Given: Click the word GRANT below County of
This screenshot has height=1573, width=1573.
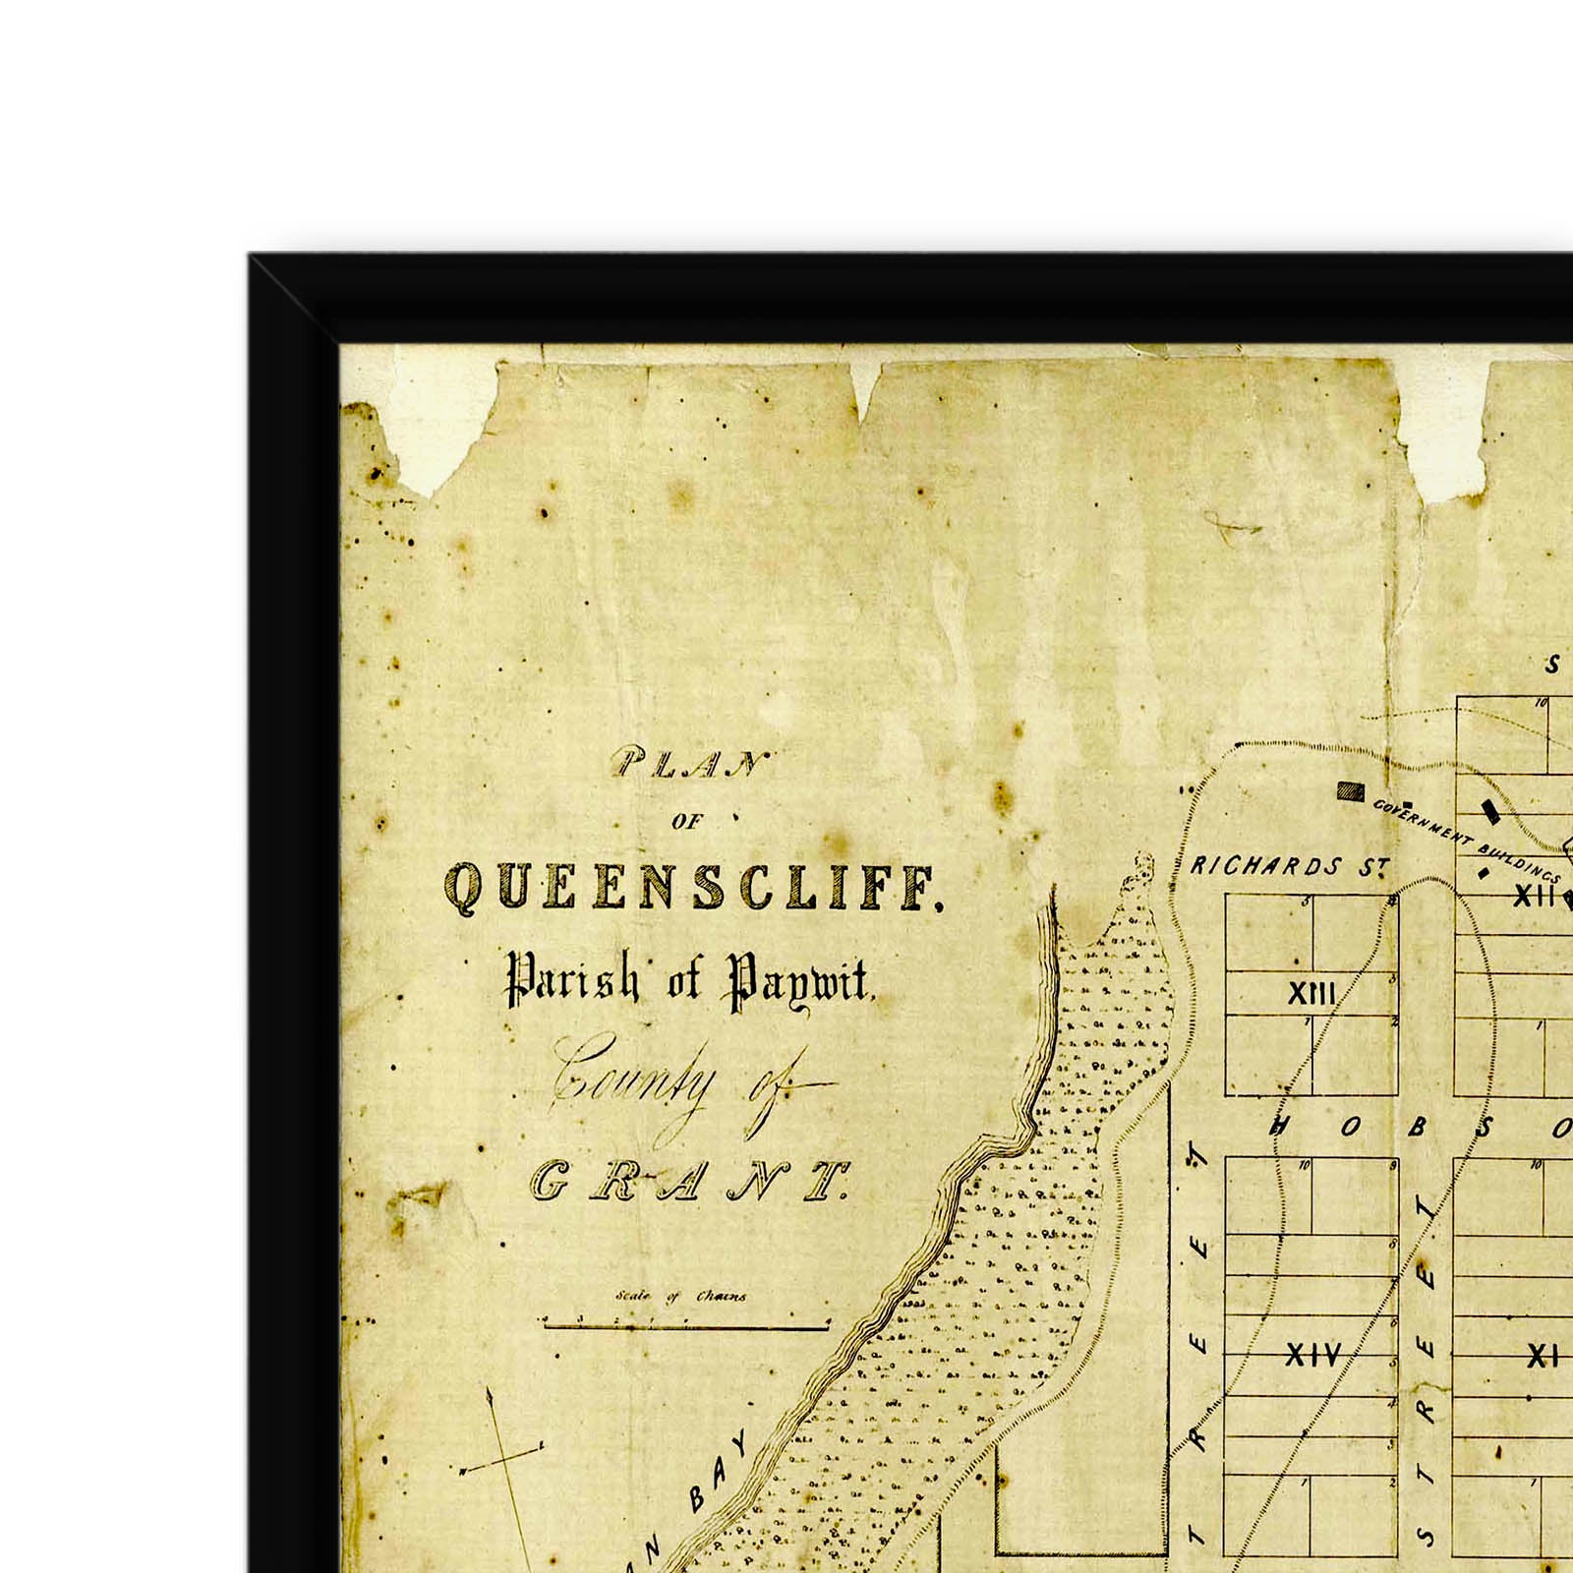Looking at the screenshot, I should click(x=690, y=1181).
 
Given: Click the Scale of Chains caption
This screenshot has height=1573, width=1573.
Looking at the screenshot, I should click(x=681, y=1296).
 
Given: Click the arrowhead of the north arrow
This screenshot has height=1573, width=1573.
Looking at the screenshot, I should click(x=489, y=1394).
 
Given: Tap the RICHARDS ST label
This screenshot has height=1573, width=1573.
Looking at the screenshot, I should click(x=1289, y=866).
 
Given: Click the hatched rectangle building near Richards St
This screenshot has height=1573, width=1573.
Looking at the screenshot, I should click(x=1352, y=790).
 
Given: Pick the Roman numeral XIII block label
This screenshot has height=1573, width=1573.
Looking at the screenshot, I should click(x=1311, y=995).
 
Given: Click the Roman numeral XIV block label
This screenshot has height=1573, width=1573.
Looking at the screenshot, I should click(x=1313, y=1358).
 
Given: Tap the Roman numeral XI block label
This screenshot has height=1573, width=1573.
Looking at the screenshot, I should click(x=1543, y=1358).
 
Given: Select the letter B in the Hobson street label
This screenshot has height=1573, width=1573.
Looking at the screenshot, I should click(x=1417, y=1128).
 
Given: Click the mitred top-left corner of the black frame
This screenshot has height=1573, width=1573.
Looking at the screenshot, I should click(x=295, y=300).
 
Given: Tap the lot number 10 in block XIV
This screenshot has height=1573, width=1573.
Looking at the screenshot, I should click(x=1304, y=1166).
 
